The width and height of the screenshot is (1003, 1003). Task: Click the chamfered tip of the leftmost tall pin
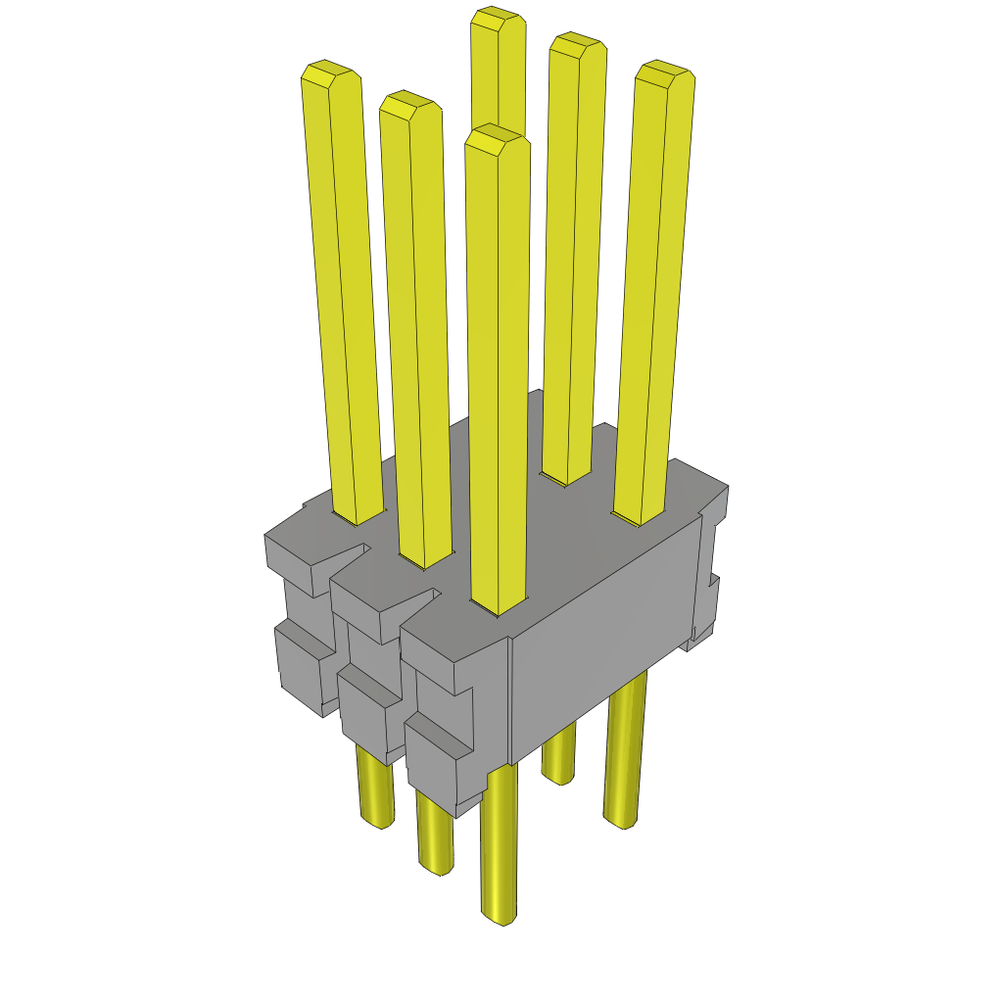click(327, 72)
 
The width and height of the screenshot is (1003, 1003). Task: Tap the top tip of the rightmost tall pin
click(664, 74)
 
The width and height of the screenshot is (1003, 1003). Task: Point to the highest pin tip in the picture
click(495, 18)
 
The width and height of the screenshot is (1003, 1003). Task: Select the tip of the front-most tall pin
click(497, 139)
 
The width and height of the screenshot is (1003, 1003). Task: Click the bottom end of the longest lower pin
click(499, 915)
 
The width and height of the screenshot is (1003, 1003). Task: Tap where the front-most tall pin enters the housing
click(498, 605)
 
